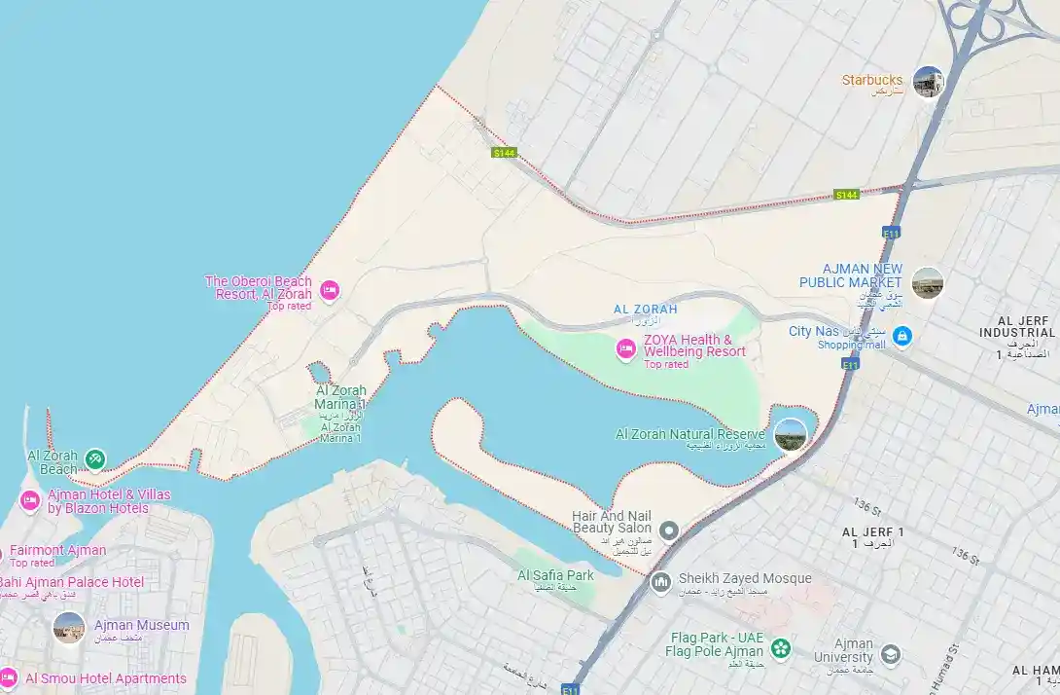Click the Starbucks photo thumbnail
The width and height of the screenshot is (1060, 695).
coord(928,82)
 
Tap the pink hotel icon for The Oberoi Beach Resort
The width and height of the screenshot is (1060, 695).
coord(329,289)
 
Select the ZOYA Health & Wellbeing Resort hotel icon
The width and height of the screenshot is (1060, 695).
coord(626,347)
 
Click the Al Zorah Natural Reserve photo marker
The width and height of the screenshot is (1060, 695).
coord(790,434)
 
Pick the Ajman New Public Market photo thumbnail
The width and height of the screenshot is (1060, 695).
coord(927,282)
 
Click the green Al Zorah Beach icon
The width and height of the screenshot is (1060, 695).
coord(94,458)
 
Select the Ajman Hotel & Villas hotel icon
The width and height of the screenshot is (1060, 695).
coord(29,500)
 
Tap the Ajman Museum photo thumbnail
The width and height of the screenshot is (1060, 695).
coord(69,628)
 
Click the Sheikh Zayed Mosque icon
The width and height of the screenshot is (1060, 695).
coord(661,582)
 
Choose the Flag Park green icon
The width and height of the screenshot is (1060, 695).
coord(780,647)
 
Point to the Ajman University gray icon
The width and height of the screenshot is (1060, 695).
coord(889,655)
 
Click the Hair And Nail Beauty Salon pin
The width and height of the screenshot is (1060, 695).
coord(668,530)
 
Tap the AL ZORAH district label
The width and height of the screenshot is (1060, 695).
coord(645,310)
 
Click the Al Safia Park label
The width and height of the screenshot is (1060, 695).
coord(555,575)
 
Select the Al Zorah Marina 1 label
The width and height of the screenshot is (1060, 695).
coord(340,397)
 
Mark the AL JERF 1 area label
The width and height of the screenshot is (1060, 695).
coord(872,531)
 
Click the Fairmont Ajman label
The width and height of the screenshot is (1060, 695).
coord(57,550)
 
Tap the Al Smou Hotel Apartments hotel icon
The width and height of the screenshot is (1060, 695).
coord(8,677)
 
